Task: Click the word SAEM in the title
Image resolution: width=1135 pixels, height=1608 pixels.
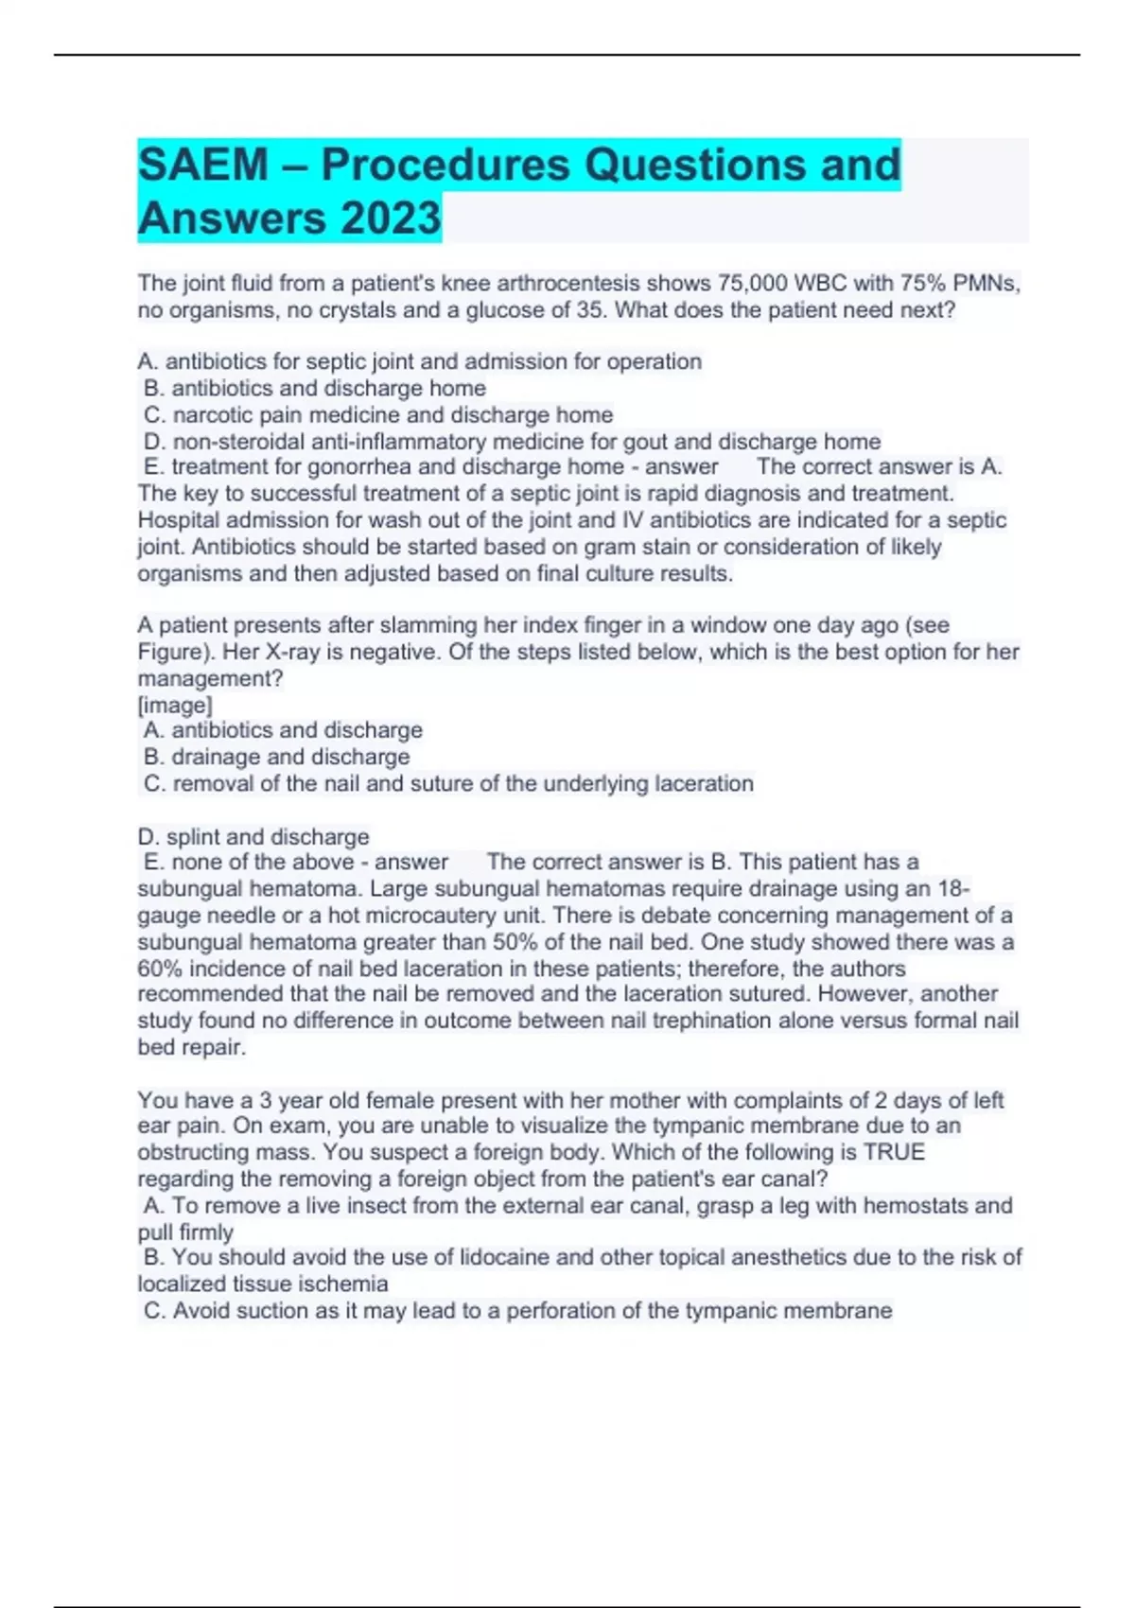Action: point(203,165)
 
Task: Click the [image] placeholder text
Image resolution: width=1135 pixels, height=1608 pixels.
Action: point(175,705)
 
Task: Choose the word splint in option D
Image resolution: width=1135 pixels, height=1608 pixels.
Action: point(193,836)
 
